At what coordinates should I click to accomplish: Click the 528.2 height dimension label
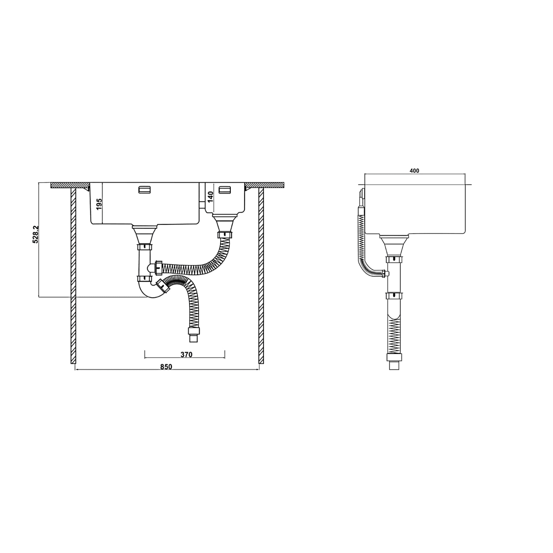click(36, 234)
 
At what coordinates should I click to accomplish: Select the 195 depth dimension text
click(99, 204)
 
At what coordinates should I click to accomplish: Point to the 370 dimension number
click(187, 355)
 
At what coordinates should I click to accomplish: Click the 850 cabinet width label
click(167, 366)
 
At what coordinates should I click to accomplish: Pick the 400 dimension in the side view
click(414, 171)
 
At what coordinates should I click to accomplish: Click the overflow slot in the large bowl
click(144, 190)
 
